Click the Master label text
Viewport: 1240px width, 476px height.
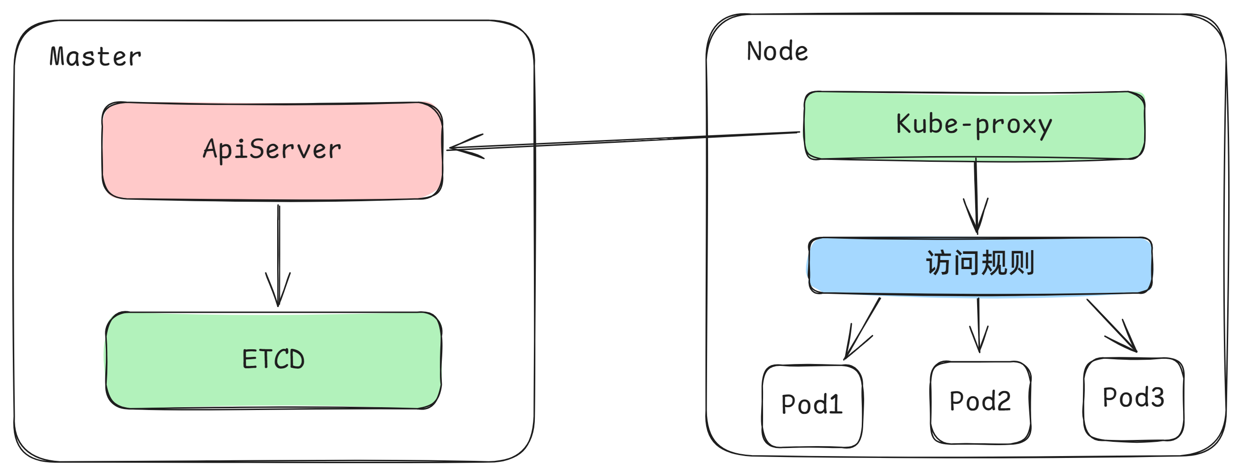(x=95, y=57)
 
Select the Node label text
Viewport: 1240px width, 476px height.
(x=777, y=52)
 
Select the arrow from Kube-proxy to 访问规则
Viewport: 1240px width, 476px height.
(x=976, y=193)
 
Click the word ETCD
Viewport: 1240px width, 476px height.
(x=273, y=360)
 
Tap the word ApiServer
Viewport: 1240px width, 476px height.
(x=272, y=149)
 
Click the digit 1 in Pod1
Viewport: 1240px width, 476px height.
(x=836, y=404)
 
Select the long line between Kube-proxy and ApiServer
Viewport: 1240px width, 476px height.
(x=626, y=140)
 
